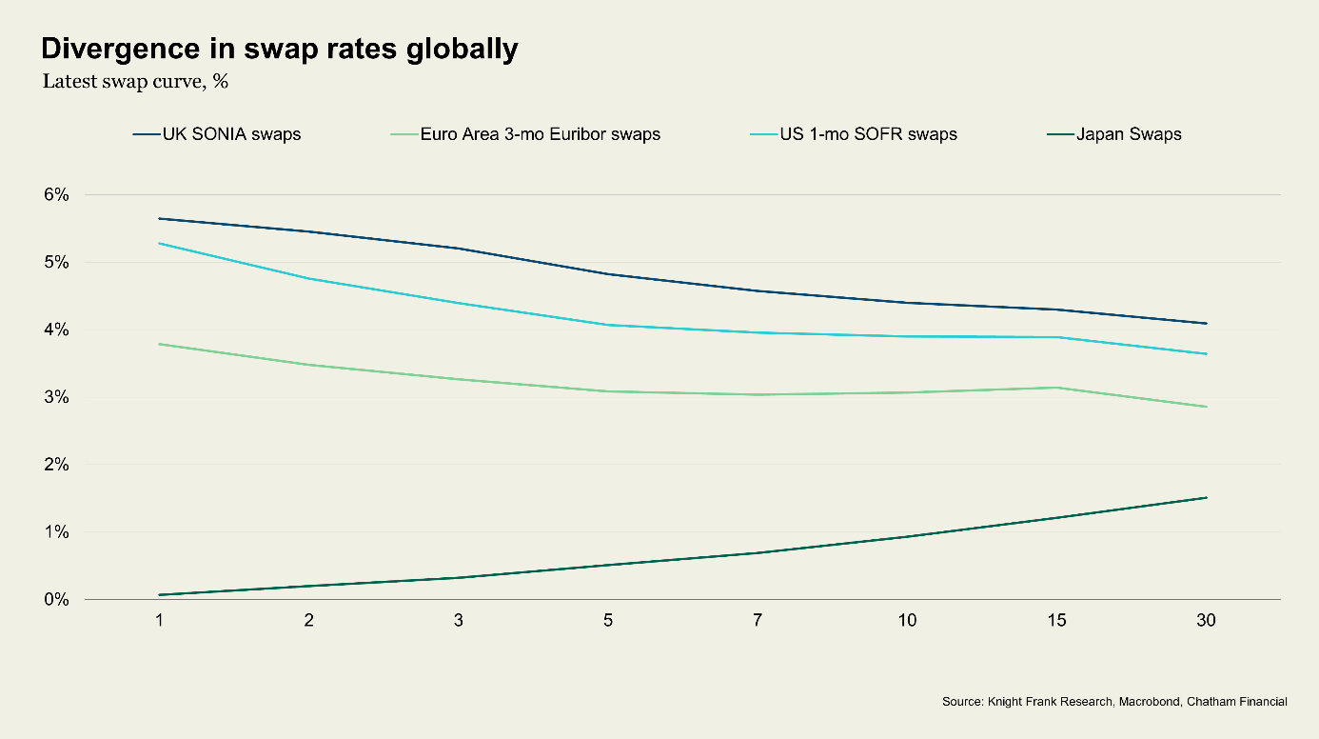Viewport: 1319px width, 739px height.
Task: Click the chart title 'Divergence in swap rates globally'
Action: tap(279, 50)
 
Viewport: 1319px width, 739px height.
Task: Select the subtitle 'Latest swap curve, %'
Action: tap(135, 81)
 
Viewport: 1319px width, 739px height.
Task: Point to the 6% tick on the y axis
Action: tap(56, 194)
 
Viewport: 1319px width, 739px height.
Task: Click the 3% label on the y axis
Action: tap(56, 397)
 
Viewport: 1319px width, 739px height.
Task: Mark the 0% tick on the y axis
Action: tap(56, 600)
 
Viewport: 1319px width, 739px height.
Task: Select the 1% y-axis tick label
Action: tap(56, 532)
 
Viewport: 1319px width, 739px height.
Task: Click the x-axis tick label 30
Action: tap(1206, 621)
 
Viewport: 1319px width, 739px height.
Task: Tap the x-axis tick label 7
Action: tap(758, 621)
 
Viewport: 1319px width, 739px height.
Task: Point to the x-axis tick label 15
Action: tap(1056, 621)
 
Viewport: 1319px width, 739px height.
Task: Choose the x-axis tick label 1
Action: tap(160, 621)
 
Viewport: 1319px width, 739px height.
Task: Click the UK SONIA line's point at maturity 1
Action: tap(160, 218)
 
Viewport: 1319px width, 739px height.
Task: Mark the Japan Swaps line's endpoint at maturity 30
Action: tap(1206, 497)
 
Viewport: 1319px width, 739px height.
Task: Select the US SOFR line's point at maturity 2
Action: tap(309, 278)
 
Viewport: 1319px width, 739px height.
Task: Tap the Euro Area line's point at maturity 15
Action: tap(1056, 388)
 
